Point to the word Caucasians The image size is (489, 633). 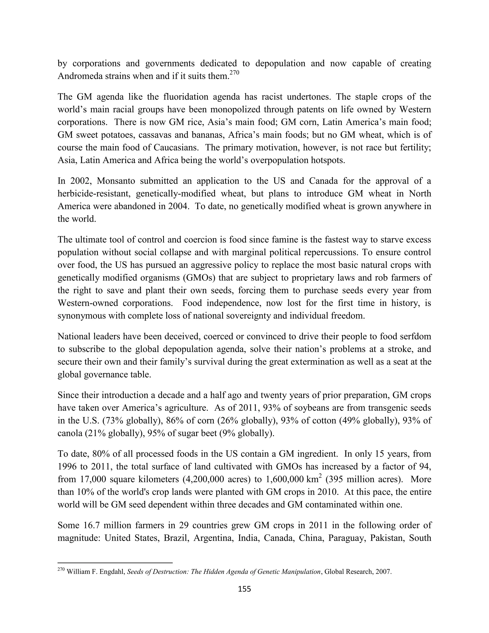176,148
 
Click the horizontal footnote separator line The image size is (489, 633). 115,563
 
